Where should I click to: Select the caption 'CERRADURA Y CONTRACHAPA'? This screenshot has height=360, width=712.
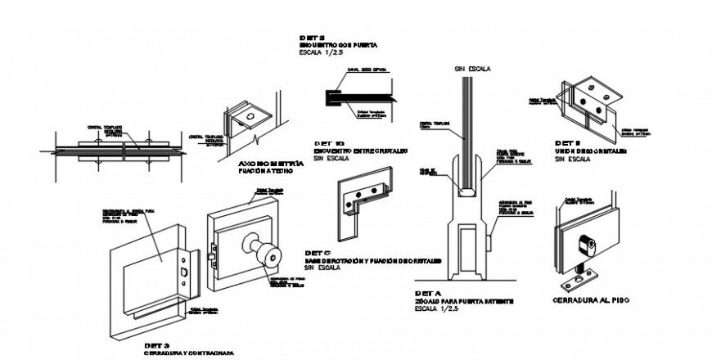(187, 353)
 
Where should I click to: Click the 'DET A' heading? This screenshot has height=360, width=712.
(429, 292)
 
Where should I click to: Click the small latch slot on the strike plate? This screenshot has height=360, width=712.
(184, 271)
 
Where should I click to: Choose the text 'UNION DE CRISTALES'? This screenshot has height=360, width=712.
(590, 152)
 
